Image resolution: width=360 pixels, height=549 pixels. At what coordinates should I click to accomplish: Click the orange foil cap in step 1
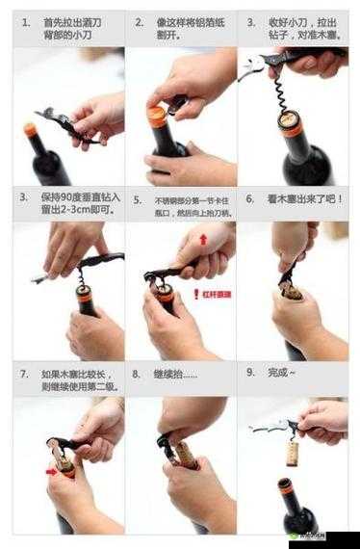coord(31,129)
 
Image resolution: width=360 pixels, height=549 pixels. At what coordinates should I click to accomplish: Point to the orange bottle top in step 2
coord(157,116)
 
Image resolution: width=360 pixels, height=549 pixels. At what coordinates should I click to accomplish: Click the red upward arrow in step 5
coord(202,239)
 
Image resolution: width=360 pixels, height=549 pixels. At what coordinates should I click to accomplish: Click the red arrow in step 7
coord(51,472)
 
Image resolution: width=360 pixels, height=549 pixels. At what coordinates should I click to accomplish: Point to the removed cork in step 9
coord(293,453)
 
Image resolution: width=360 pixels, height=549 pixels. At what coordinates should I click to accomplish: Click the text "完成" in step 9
coord(278,372)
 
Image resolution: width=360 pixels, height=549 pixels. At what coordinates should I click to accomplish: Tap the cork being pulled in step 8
coord(185,455)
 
